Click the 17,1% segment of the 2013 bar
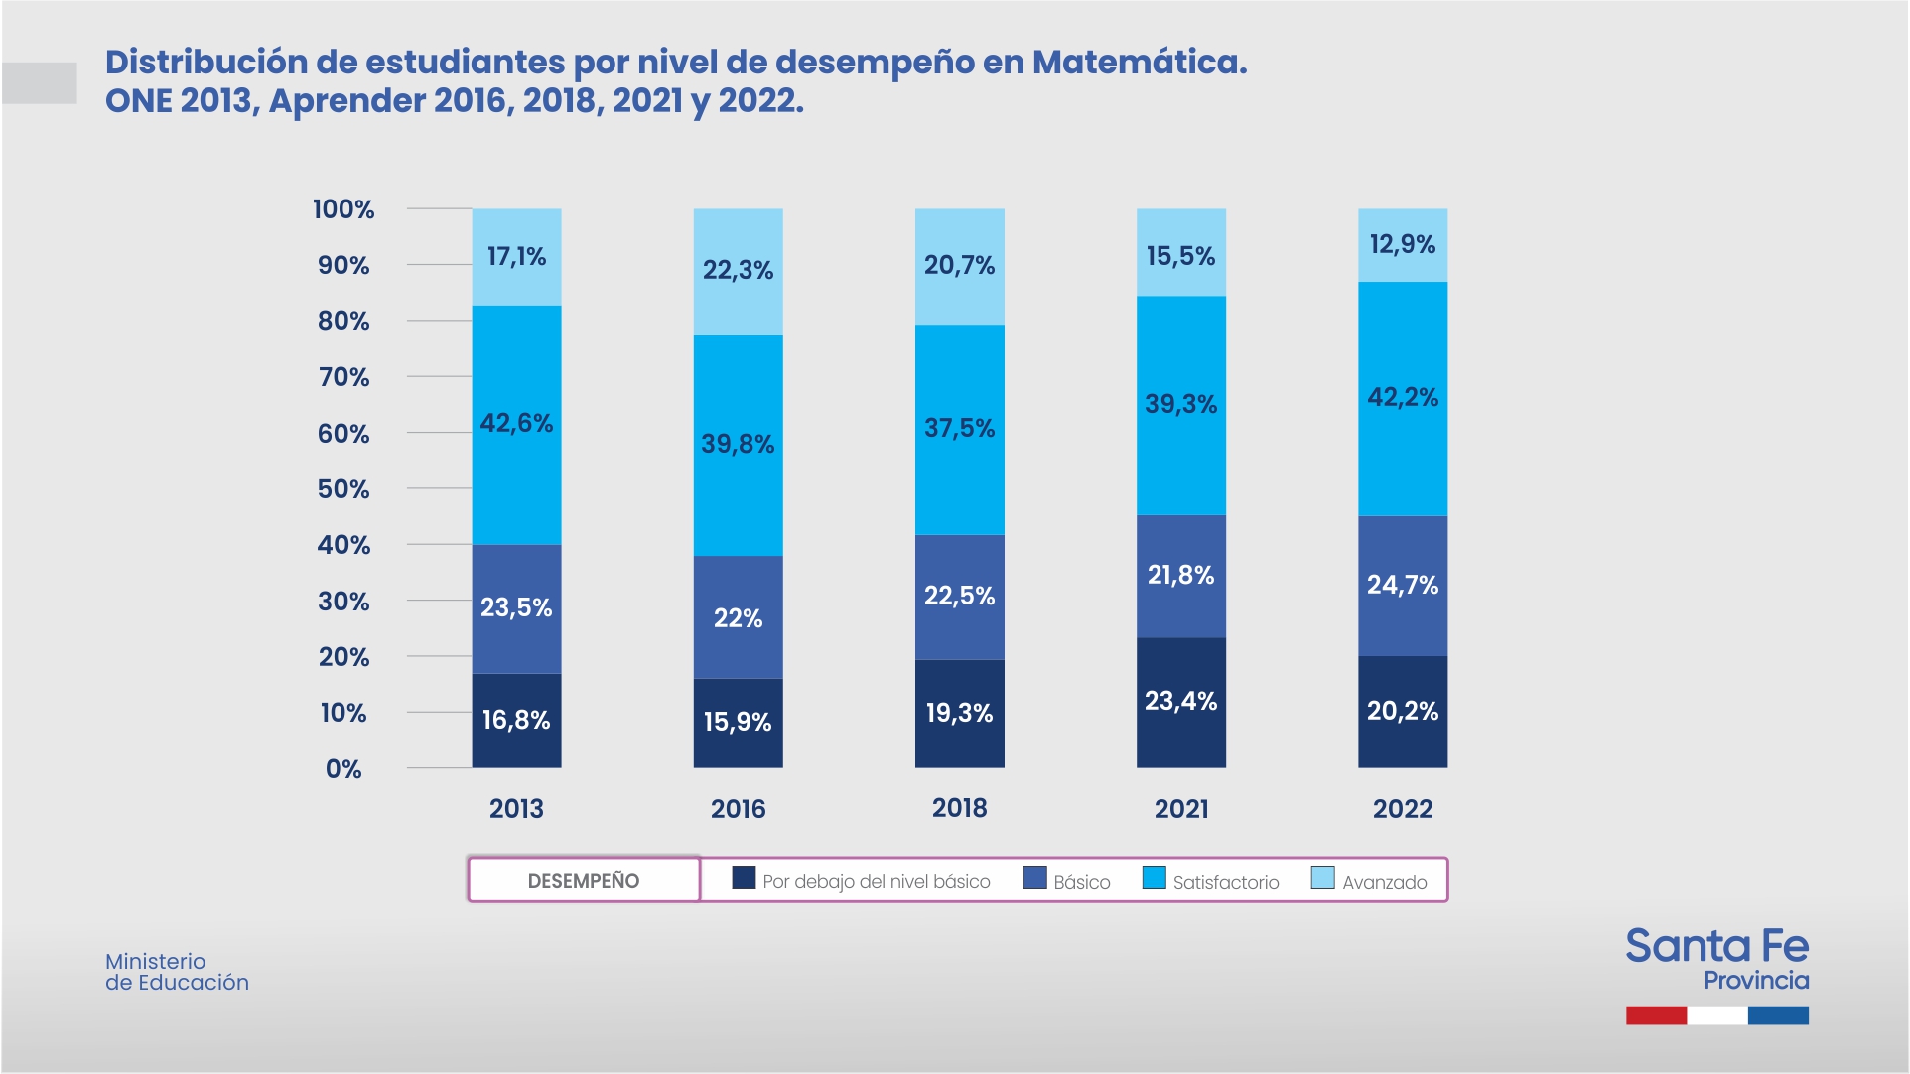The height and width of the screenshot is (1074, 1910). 516,257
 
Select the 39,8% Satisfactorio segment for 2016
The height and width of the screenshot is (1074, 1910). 738,444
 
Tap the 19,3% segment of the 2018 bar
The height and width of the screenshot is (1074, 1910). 959,713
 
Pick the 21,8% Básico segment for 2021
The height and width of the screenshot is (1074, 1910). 1180,575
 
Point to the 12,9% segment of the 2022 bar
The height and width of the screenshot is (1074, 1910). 1402,245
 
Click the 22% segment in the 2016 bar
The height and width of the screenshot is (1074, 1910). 738,618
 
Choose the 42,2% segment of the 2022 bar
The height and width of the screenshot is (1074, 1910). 1402,398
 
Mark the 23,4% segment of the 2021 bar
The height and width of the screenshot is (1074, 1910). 1180,701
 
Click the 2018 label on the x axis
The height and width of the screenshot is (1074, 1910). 959,808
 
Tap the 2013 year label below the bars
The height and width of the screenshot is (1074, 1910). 516,809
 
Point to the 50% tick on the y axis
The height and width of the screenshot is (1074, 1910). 343,489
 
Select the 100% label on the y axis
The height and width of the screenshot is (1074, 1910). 343,209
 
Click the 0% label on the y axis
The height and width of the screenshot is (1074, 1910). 343,769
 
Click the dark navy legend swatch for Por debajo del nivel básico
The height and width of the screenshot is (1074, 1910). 744,878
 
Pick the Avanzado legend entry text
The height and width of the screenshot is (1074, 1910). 1384,882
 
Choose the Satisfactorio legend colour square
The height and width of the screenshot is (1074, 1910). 1154,878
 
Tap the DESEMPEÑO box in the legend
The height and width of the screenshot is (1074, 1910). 584,880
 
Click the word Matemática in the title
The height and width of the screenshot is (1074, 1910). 1139,62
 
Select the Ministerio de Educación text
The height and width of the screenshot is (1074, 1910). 177,972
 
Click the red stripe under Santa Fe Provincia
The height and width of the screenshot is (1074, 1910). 1656,1015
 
